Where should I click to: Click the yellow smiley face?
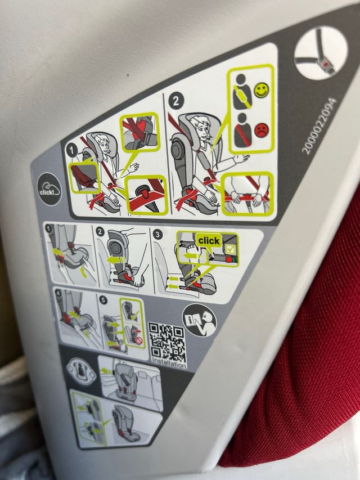(x=262, y=90)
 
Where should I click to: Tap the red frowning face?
(x=261, y=130)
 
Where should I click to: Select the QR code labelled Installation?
(x=167, y=342)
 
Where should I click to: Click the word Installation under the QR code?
(x=169, y=364)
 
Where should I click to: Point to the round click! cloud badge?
(x=49, y=189)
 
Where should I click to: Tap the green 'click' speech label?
(x=209, y=241)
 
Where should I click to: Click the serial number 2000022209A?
(x=319, y=125)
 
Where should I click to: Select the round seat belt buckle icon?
(x=321, y=53)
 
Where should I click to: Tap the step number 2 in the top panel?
(x=175, y=101)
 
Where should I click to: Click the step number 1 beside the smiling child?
(x=72, y=151)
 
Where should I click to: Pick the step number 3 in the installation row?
(x=157, y=235)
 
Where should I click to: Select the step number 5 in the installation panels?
(x=103, y=300)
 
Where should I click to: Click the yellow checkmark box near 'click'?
(x=231, y=249)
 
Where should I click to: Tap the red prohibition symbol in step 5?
(x=139, y=340)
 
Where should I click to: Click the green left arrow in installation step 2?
(x=116, y=260)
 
